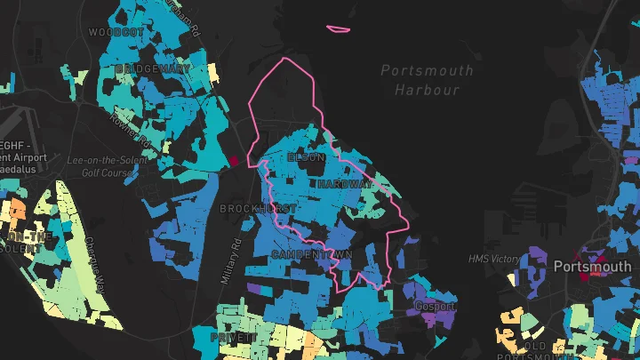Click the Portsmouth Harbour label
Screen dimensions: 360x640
coord(428,80)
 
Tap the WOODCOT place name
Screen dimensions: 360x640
coord(116,32)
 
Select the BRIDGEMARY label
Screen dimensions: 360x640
coord(152,68)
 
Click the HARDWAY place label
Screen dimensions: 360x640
coord(345,184)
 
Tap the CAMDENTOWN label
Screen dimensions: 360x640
coord(312,255)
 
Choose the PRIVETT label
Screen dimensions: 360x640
coord(233,338)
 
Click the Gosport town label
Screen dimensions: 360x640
coord(435,306)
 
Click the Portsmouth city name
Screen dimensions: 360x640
coord(592,267)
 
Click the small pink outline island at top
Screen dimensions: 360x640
coord(338,28)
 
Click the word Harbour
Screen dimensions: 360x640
coord(428,90)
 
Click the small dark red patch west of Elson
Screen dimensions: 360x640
coord(235,161)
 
